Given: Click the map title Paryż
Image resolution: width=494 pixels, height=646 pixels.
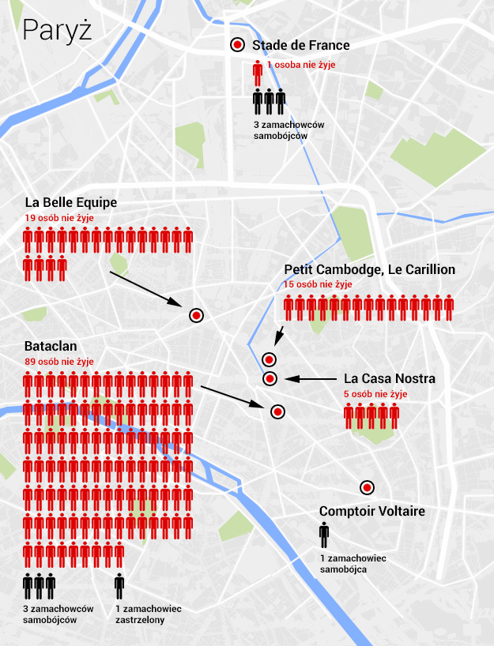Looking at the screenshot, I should coord(58,29).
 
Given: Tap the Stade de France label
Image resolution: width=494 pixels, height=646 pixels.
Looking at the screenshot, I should coord(300,46).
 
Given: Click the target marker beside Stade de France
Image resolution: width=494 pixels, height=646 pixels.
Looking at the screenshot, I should coord(236,46).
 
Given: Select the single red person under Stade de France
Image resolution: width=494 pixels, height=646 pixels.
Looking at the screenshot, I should coord(257,73).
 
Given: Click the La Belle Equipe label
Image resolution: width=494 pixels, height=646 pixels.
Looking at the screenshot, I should coord(71,202).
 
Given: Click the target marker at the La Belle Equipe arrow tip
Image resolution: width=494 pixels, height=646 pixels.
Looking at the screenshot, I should coord(197,315).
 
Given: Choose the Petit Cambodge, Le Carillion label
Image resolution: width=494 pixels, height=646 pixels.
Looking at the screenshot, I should coord(369,270).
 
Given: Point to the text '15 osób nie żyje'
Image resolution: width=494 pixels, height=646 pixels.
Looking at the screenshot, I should coord(318,284).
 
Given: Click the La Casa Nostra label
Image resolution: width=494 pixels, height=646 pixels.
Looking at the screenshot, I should coord(389,379).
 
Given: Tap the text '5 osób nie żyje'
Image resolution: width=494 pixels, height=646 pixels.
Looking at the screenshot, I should coord(375,393).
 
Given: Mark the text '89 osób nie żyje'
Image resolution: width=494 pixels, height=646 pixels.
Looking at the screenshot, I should coord(59,361).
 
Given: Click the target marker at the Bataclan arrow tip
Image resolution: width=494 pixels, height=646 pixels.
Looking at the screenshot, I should coord(277,411).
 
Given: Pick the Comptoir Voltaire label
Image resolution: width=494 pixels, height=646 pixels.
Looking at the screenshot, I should coord(371,512).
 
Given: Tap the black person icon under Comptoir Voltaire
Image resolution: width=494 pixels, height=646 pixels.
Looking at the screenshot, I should coord(324,535).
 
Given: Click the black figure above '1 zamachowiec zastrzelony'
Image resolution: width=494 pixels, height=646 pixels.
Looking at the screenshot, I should coord(119,586).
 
